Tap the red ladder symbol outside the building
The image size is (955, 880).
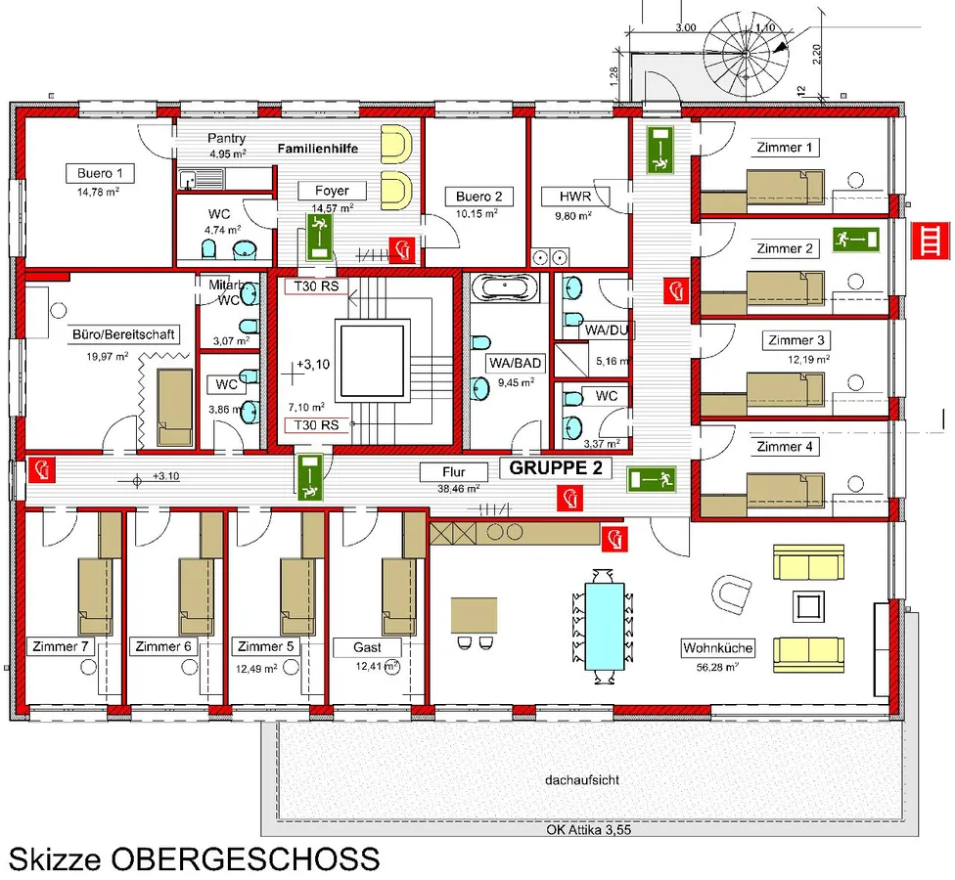(x=928, y=239)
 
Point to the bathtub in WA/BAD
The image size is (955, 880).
(x=504, y=288)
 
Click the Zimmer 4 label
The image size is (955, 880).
(x=785, y=447)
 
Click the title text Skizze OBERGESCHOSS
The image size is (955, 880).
(x=194, y=859)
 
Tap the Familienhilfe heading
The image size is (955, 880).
(x=317, y=150)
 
